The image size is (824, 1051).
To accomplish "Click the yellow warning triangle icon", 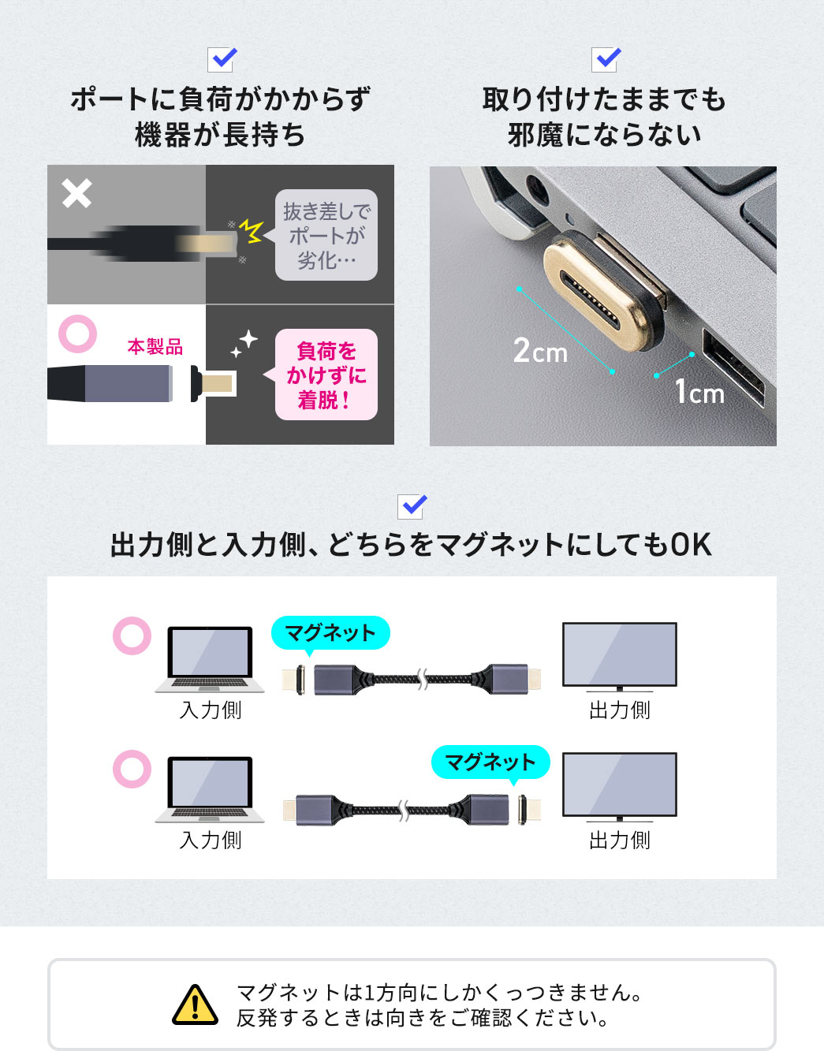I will pyautogui.click(x=195, y=1005).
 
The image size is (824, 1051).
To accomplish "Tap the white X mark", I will pyautogui.click(x=76, y=193).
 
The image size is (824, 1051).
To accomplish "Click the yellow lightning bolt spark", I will pyautogui.click(x=251, y=230).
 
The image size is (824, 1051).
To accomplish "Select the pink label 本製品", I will pyautogui.click(x=155, y=347).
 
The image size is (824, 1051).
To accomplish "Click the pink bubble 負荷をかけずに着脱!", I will pyautogui.click(x=326, y=375).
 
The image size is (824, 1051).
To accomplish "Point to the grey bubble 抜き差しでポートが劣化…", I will pyautogui.click(x=326, y=235).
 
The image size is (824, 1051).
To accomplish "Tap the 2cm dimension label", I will pyautogui.click(x=540, y=351).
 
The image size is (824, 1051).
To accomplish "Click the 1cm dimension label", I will pyautogui.click(x=699, y=392).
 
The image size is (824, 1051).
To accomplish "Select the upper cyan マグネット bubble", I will pyautogui.click(x=330, y=633).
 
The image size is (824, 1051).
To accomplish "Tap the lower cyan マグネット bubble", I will pyautogui.click(x=490, y=762).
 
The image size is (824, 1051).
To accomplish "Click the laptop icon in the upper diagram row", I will pyautogui.click(x=210, y=659).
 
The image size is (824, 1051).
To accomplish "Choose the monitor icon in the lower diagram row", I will pyautogui.click(x=619, y=787).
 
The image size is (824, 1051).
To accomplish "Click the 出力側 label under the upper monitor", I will pyautogui.click(x=620, y=710).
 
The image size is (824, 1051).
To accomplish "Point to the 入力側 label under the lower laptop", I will pyautogui.click(x=211, y=840).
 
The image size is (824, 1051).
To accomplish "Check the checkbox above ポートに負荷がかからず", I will pyautogui.click(x=222, y=59).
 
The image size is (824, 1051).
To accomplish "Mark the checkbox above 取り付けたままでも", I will pyautogui.click(x=606, y=59).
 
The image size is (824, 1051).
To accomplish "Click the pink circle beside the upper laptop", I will pyautogui.click(x=132, y=635).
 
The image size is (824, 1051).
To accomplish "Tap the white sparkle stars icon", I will pyautogui.click(x=244, y=344).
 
